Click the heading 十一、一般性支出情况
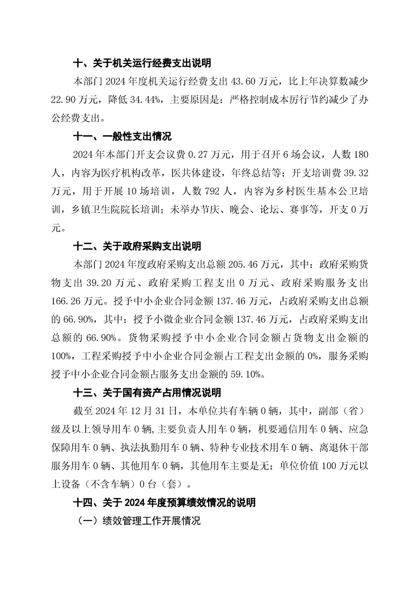[x=122, y=137]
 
